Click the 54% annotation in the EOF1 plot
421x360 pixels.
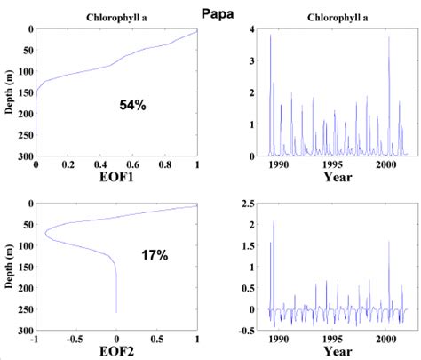(133, 105)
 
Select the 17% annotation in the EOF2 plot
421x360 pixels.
(155, 256)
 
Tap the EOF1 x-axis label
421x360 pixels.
(116, 178)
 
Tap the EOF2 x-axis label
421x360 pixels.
(116, 350)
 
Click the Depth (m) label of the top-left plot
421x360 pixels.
(8, 92)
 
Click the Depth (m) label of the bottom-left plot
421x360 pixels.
(8, 266)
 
